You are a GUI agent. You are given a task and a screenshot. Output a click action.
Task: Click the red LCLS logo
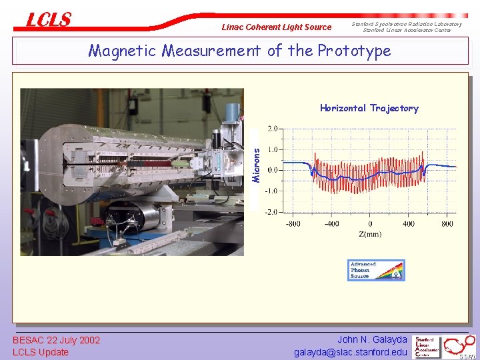click(x=48, y=20)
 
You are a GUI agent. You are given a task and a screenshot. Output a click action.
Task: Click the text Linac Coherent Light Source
click(x=276, y=27)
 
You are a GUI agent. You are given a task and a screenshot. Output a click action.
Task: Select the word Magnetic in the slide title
click(x=123, y=51)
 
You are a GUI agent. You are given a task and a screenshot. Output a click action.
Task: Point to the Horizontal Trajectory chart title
click(x=369, y=108)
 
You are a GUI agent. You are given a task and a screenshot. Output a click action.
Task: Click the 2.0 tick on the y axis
click(x=273, y=128)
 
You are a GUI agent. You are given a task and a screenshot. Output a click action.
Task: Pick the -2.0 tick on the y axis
click(x=271, y=212)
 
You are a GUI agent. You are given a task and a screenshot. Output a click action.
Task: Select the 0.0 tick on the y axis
click(x=273, y=170)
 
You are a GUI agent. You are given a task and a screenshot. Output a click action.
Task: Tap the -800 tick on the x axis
click(x=293, y=224)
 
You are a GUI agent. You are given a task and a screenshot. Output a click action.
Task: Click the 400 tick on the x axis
click(x=409, y=224)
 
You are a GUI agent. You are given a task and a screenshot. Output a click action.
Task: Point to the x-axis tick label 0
click(x=370, y=224)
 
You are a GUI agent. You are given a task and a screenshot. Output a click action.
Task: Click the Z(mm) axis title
click(x=370, y=235)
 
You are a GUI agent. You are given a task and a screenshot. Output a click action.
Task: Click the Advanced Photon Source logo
click(x=375, y=269)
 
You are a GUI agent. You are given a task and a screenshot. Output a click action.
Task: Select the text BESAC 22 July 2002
click(x=57, y=341)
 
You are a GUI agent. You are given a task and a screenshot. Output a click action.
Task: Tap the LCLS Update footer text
click(x=41, y=352)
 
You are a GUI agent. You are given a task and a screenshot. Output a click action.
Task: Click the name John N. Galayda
click(x=371, y=340)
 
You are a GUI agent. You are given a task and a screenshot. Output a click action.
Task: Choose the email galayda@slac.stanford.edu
click(x=351, y=352)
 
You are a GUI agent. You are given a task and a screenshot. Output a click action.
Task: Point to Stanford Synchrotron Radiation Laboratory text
click(x=407, y=24)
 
